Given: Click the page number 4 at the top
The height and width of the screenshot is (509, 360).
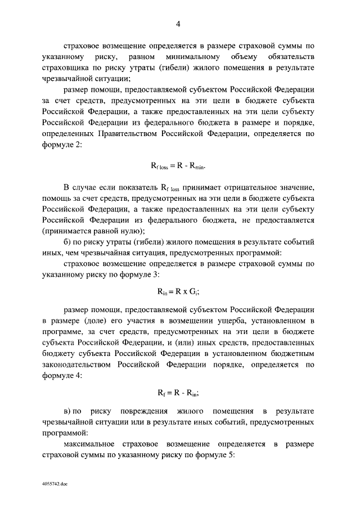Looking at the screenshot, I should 178,24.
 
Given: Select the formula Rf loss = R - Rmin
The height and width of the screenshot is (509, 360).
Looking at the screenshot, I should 178,166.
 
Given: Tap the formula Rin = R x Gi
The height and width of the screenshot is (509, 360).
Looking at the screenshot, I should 178,291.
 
